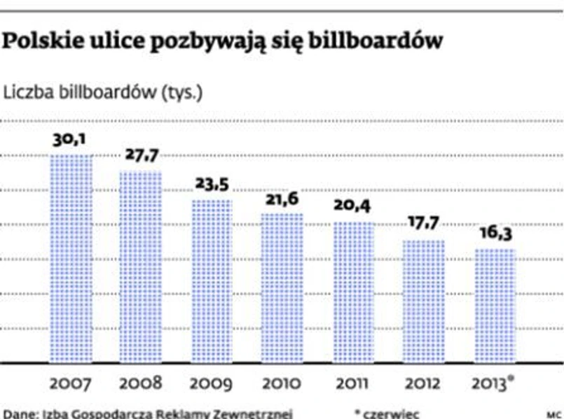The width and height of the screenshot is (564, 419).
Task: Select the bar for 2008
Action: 141,267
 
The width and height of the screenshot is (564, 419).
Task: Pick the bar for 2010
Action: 282,287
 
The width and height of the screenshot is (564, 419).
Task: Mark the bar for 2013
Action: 495,306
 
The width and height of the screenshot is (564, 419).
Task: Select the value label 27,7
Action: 141,155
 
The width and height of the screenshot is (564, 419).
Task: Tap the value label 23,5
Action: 212,185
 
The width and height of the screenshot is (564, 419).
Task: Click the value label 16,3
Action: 495,233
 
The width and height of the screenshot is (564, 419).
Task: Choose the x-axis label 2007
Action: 71,384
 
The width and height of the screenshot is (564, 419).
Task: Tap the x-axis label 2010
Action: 282,384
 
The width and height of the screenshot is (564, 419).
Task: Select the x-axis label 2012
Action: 423,384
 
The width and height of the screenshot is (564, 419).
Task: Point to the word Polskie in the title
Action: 41,42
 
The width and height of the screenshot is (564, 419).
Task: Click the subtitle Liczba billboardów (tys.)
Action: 104,93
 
